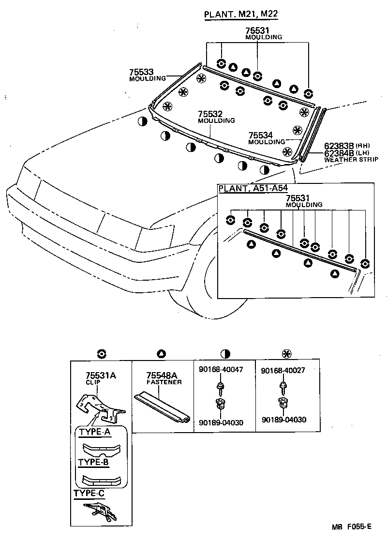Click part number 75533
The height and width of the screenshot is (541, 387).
click(x=141, y=72)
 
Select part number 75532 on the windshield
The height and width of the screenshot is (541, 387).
click(x=210, y=114)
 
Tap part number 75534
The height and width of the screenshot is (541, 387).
click(x=260, y=135)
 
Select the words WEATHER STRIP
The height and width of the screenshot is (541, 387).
click(x=344, y=159)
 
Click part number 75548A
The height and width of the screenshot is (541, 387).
click(x=162, y=376)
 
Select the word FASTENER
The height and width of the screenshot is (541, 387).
click(x=164, y=382)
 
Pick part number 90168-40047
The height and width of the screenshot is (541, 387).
click(x=221, y=370)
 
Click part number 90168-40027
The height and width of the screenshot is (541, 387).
click(x=283, y=370)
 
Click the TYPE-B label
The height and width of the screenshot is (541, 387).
click(x=93, y=462)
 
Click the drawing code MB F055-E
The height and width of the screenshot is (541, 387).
click(x=352, y=527)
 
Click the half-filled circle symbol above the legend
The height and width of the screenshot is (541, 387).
click(x=225, y=353)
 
